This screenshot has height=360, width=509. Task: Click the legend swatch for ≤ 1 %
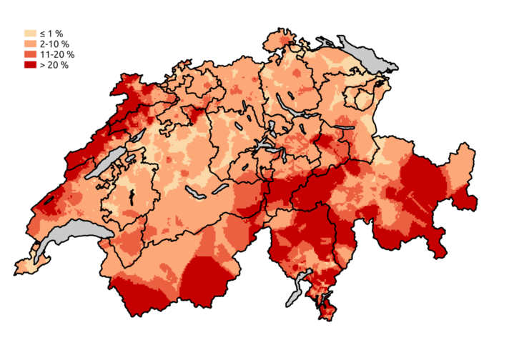click(x=30, y=33)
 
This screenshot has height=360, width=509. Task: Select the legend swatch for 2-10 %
click(x=30, y=44)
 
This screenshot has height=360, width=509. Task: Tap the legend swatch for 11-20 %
click(x=30, y=54)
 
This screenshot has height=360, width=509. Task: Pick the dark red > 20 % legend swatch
click(x=30, y=65)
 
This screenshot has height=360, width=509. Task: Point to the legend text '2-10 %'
click(x=54, y=44)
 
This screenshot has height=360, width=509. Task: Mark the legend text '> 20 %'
click(x=54, y=65)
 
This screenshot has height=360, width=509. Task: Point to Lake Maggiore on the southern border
click(x=292, y=293)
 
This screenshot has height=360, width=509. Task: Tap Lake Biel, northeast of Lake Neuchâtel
click(x=135, y=136)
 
